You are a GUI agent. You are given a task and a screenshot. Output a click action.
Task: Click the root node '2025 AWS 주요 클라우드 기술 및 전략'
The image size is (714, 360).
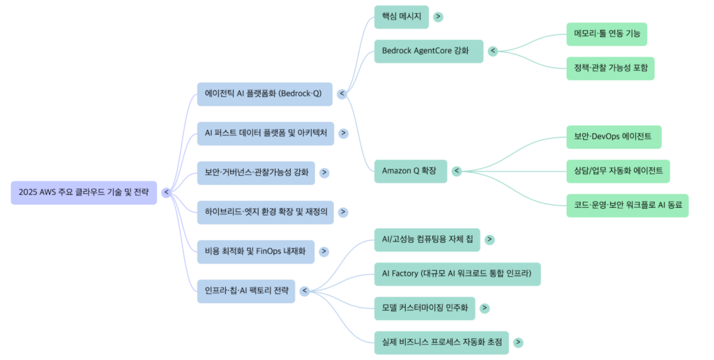pos(84,193)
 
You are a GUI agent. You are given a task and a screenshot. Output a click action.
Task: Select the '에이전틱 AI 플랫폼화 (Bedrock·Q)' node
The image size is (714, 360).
pos(263,93)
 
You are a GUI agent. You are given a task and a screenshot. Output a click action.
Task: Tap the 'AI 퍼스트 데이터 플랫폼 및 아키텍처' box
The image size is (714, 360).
pos(265,133)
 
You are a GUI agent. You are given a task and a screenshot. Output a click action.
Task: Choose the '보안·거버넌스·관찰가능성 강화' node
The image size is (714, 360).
pos(256,172)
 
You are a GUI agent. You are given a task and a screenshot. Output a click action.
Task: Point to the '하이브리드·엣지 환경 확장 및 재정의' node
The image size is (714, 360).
pos(265,211)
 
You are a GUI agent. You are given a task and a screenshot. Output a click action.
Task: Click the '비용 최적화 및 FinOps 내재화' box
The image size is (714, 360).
pos(255,251)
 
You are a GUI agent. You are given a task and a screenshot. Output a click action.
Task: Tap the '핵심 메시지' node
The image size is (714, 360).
pos(402,17)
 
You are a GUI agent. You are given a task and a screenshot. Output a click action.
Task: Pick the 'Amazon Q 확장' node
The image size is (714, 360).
pos(410,171)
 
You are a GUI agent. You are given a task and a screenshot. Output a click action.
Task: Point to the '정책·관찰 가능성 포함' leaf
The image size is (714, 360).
pos(611,68)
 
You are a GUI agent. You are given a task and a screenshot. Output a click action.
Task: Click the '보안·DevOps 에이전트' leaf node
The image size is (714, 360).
pos(614,137)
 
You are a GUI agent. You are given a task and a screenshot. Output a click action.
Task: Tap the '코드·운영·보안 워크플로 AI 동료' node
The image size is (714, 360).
pos(628,205)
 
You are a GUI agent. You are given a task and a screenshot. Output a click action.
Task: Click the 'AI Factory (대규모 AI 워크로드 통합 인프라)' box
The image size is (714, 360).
pos(457,273)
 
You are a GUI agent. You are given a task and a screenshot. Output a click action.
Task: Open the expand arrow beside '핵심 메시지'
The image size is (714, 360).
pos(439,17)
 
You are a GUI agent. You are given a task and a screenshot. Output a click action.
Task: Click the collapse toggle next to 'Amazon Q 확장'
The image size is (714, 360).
pos(457,171)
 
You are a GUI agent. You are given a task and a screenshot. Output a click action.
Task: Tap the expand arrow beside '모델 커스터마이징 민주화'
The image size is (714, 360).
pos(485,308)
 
